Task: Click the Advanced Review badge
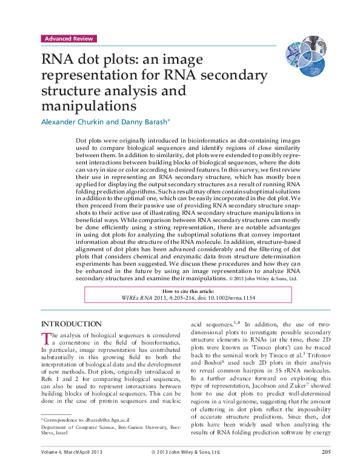tap(68, 38)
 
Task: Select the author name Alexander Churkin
tap(69, 121)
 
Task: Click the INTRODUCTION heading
tap(70, 324)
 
